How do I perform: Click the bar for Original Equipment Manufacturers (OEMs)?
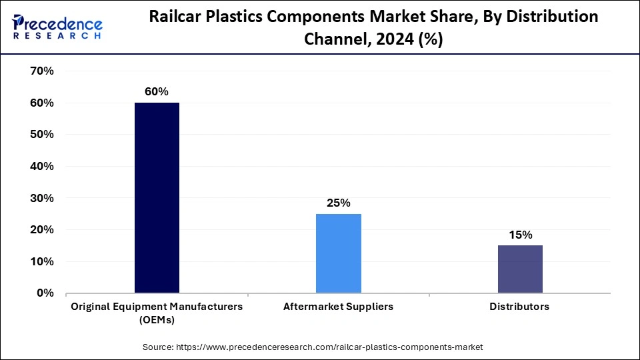coord(157,198)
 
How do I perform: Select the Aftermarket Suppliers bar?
coord(338,253)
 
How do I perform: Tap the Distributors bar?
coord(520,269)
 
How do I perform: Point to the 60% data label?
coord(157,91)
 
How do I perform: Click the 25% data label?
coord(338,203)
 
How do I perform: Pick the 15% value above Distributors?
coord(520,235)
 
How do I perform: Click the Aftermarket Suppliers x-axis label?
coord(338,307)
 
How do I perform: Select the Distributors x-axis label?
coord(520,307)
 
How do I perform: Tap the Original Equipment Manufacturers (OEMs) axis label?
coord(157,313)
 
